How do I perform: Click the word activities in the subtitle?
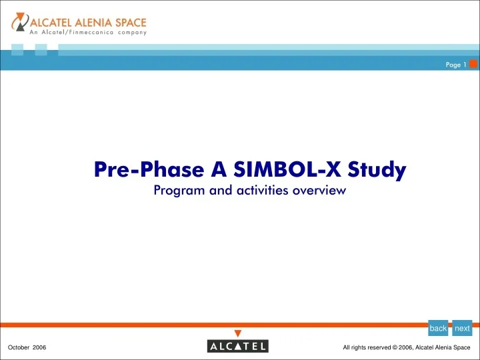(256, 191)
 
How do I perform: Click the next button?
(462, 328)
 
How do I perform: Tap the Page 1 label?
(457, 65)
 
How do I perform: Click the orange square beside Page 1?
(473, 64)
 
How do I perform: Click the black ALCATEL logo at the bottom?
(238, 347)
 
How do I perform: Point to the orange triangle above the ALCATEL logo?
(238, 333)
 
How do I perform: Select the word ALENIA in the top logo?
(91, 20)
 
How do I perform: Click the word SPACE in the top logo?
(129, 20)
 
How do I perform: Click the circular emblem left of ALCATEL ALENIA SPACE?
(19, 24)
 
